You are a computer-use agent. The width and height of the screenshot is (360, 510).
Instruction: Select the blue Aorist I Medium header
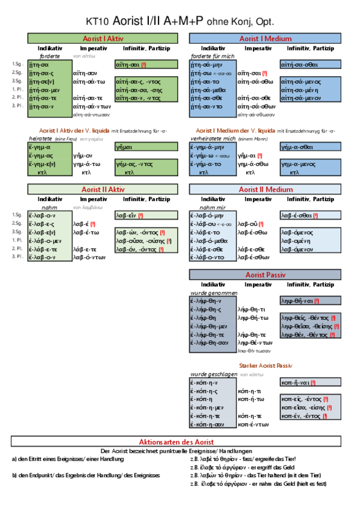click(x=265, y=38)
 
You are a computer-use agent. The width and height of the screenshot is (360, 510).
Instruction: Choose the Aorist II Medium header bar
click(x=265, y=190)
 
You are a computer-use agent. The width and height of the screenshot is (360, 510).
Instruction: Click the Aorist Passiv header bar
click(x=265, y=275)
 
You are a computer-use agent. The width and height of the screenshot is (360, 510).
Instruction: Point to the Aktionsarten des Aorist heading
click(x=176, y=442)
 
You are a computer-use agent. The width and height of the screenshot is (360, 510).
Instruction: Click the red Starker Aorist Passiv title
click(x=265, y=366)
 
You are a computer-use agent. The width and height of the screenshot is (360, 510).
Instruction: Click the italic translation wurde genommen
click(x=213, y=293)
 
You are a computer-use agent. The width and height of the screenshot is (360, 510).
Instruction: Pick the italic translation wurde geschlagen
click(x=213, y=375)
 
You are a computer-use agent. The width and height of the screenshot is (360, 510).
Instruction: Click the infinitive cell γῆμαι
click(x=123, y=147)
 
